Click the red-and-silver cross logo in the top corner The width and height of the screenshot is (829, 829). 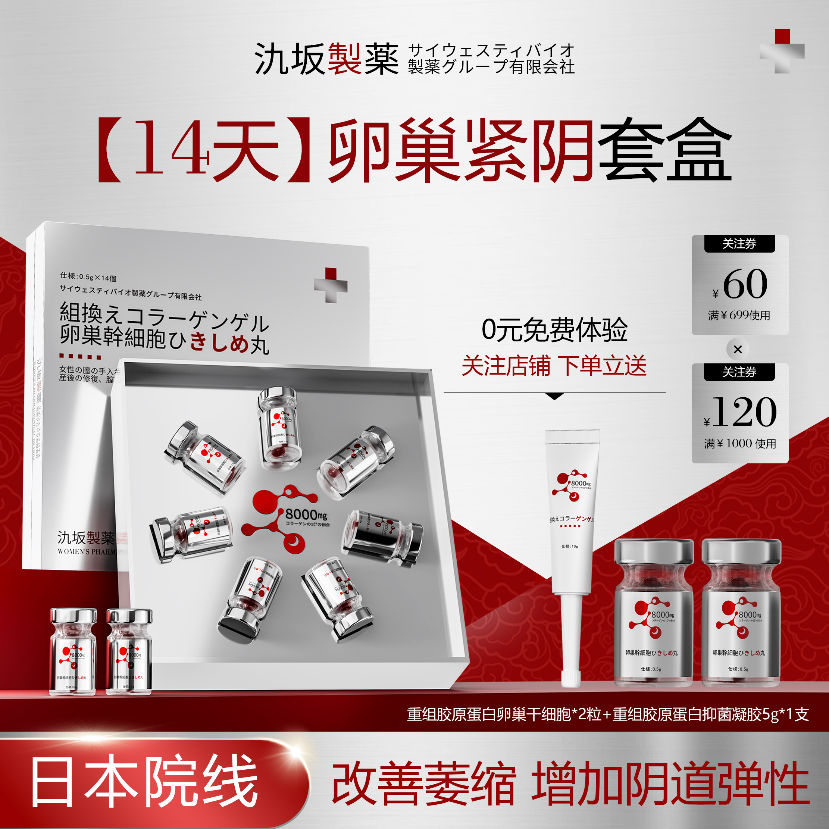pos(782,51)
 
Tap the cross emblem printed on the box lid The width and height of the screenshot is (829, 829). pos(331,285)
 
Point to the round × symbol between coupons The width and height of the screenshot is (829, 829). pos(738,349)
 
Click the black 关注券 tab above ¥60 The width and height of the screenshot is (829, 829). pos(739,244)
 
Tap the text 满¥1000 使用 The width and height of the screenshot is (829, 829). pos(740,444)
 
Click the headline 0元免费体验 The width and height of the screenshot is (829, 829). pos(554,330)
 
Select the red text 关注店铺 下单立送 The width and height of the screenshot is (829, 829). pos(554,366)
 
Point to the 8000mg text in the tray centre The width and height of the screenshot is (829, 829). pos(306,514)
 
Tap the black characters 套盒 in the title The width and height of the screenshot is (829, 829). pos(664,150)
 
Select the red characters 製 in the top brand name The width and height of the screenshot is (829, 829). pos(344,59)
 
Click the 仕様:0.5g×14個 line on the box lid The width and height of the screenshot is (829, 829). pos(88,277)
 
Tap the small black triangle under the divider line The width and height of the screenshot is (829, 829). pos(554,397)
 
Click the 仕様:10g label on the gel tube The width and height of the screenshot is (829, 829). pos(569,546)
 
